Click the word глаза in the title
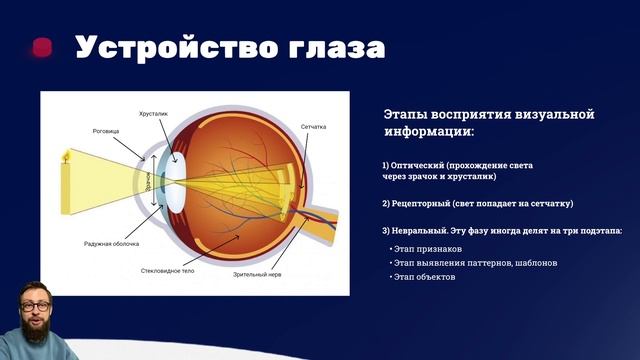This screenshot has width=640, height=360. [x=329, y=48]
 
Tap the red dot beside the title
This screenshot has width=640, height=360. [x=42, y=47]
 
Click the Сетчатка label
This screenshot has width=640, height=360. [x=314, y=127]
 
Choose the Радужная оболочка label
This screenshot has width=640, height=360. [x=111, y=243]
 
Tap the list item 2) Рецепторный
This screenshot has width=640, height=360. [x=477, y=203]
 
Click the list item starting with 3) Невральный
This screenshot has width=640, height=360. [x=501, y=231]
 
